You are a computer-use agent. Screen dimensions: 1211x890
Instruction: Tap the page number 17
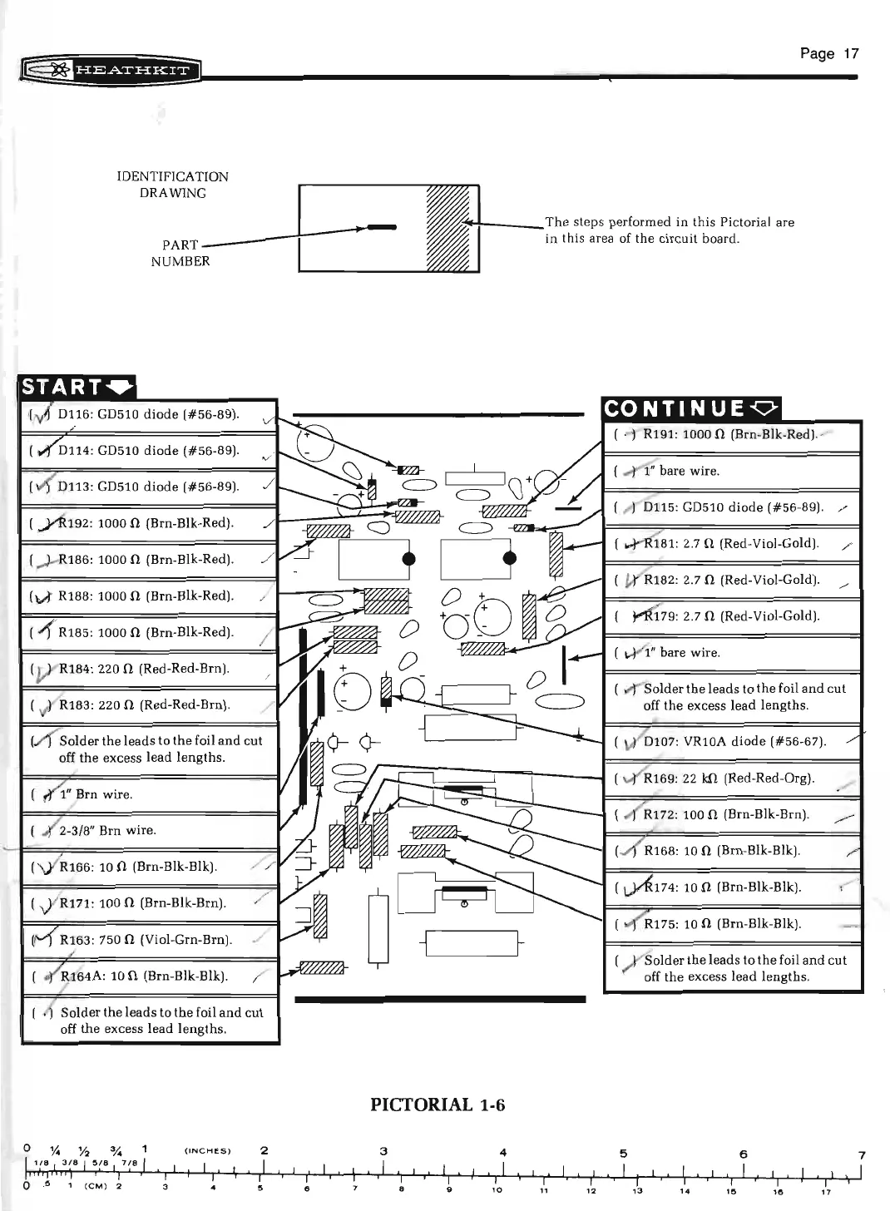(x=828, y=54)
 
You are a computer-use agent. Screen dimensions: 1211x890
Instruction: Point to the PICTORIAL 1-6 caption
(x=438, y=1105)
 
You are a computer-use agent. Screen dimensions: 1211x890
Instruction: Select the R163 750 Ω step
(x=146, y=940)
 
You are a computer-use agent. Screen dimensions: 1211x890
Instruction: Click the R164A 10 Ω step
(x=143, y=976)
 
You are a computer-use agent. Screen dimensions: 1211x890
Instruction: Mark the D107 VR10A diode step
(x=734, y=741)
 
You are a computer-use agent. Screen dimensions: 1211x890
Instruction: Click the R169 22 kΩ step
(x=729, y=778)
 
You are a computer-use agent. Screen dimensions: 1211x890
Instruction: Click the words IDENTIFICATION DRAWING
(x=172, y=185)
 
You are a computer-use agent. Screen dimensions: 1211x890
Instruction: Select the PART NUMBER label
(x=180, y=253)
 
